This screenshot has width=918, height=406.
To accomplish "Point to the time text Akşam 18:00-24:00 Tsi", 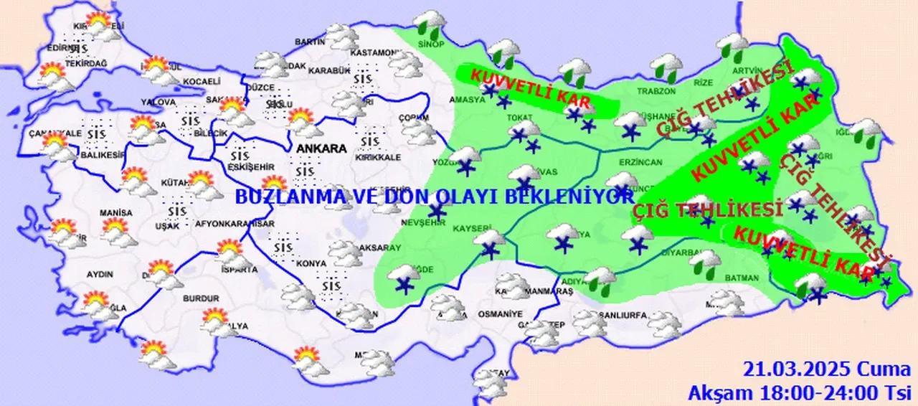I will point(799,392).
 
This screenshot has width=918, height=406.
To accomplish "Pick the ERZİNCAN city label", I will point(643,162).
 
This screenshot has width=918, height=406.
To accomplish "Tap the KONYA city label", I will point(312,263).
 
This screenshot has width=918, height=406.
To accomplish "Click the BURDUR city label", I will point(201,298).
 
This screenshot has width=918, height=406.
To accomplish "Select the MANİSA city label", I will point(116,213).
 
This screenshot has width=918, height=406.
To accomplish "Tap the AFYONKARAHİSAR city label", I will point(235,224).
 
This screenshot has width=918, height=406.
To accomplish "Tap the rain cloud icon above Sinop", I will point(431,22).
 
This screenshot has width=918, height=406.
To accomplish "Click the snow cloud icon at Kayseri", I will point(490,242).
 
